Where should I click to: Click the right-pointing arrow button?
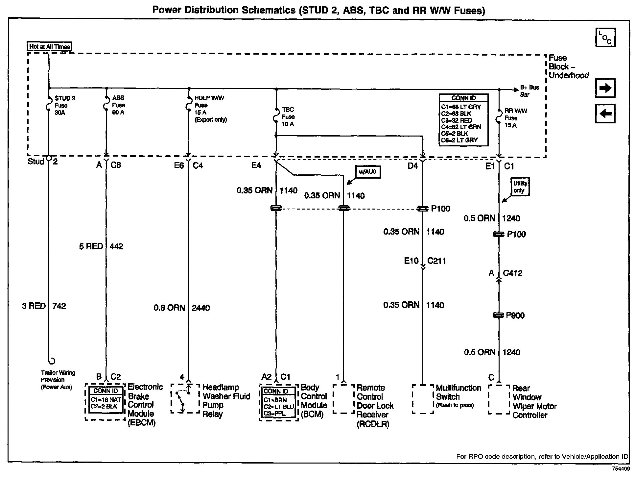(x=605, y=88)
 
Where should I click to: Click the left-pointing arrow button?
(x=605, y=114)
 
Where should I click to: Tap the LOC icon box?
(x=605, y=38)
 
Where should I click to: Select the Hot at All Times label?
(x=49, y=47)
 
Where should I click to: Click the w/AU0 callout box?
(x=368, y=172)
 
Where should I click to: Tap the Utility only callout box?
(x=520, y=187)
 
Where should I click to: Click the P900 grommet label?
(x=515, y=315)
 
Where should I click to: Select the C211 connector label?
(x=436, y=261)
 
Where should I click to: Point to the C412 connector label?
(x=512, y=273)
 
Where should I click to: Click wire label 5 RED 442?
(x=101, y=246)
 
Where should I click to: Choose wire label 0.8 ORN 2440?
(x=181, y=308)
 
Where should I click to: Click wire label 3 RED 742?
(x=44, y=306)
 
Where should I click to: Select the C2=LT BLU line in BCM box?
(x=278, y=407)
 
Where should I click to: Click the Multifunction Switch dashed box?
(x=423, y=399)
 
